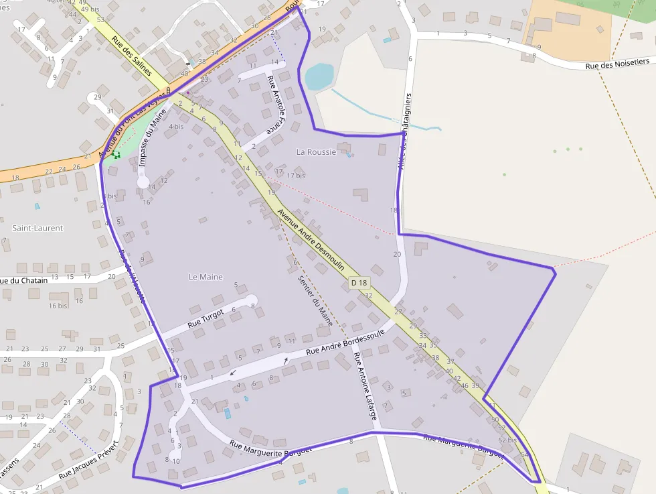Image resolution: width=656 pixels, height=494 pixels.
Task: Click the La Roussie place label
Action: (x=316, y=152)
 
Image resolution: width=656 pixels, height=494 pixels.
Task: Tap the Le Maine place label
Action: (x=206, y=277)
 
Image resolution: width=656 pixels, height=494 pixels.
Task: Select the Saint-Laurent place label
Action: (x=37, y=228)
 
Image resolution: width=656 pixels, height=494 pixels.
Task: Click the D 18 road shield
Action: (x=359, y=284)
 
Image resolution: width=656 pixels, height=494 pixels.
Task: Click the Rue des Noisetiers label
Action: (x=617, y=65)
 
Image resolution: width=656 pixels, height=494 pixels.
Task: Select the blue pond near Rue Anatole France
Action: (x=319, y=76)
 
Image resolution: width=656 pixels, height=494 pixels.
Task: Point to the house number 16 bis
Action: (x=58, y=306)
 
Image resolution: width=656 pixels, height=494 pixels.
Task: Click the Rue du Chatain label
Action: (x=24, y=280)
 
